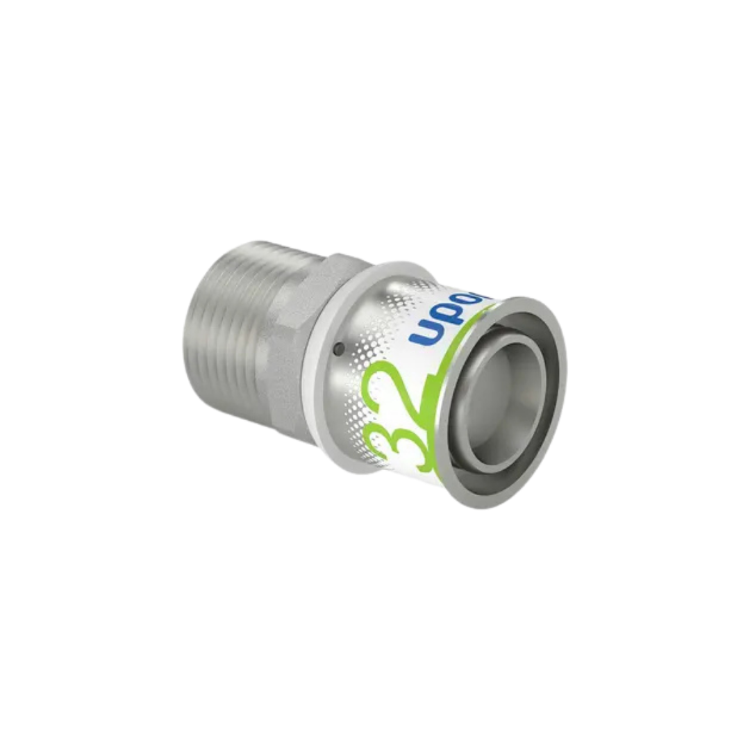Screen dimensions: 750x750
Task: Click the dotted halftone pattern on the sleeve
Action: [x=361, y=312]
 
